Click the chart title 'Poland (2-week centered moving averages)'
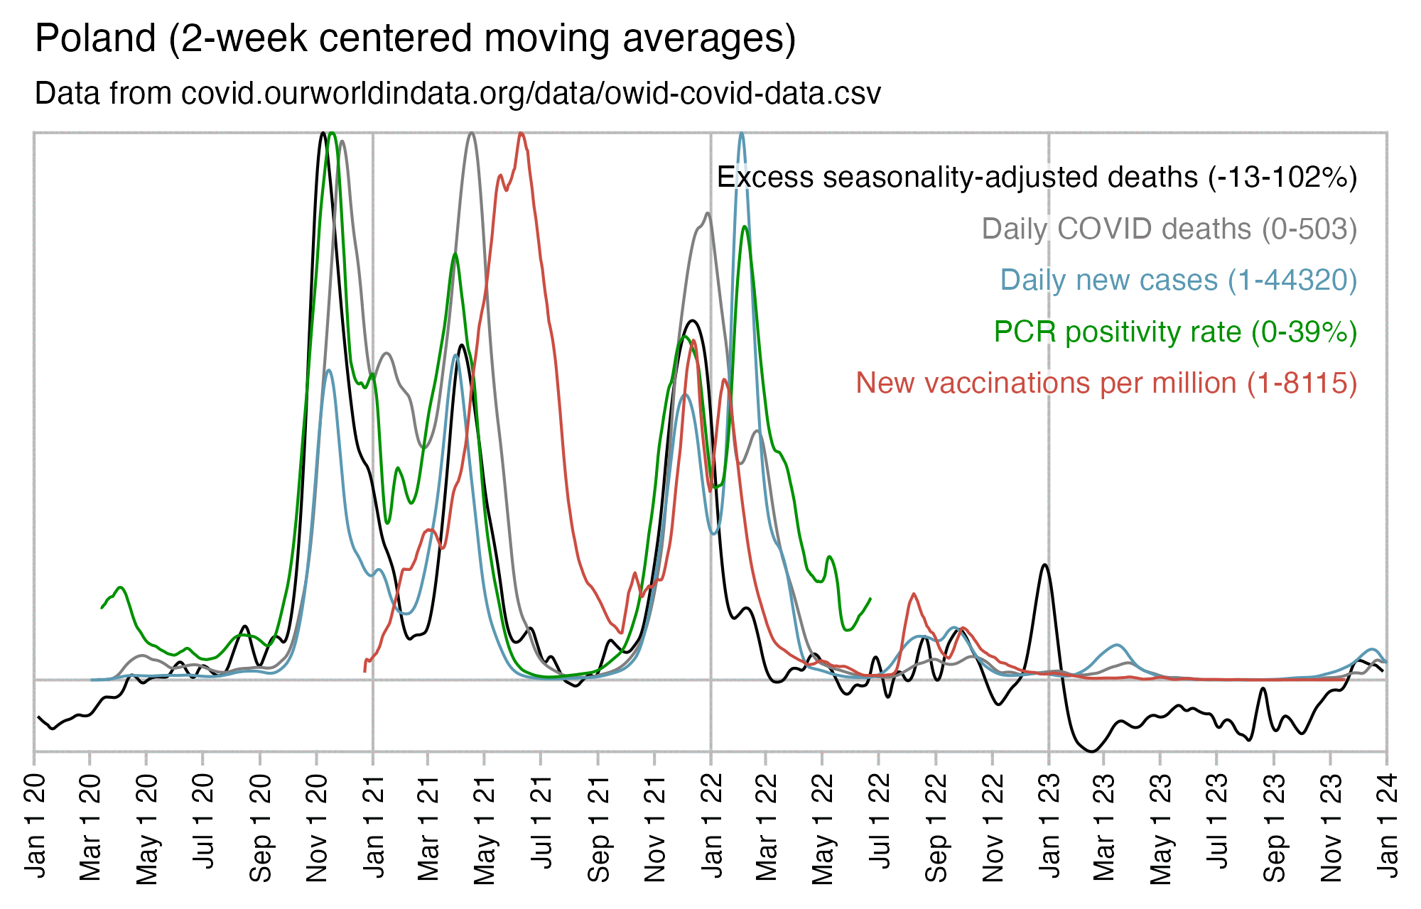pyautogui.click(x=415, y=38)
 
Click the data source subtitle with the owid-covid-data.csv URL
pyautogui.click(x=458, y=94)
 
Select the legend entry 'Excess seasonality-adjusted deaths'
pyautogui.click(x=1037, y=178)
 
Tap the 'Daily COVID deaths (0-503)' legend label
pyautogui.click(x=1169, y=229)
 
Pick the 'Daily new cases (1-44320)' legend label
pyautogui.click(x=1178, y=281)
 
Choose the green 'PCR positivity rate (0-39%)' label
pyautogui.click(x=1175, y=332)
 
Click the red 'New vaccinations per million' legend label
pyautogui.click(x=1106, y=383)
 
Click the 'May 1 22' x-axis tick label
pyautogui.click(x=823, y=827)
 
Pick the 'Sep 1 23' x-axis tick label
pyautogui.click(x=1275, y=827)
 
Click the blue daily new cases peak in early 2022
pyautogui.click(x=742, y=135)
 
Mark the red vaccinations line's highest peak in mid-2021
pyautogui.click(x=522, y=134)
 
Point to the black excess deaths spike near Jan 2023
pyautogui.click(x=1044, y=566)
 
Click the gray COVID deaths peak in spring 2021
pyautogui.click(x=472, y=134)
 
